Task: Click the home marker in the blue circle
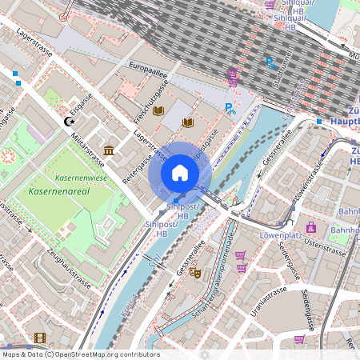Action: pyautogui.click(x=179, y=173)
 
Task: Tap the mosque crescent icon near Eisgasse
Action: pyautogui.click(x=68, y=121)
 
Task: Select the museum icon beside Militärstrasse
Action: pyautogui.click(x=108, y=150)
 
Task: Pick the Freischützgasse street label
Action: pyautogui.click(x=150, y=100)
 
